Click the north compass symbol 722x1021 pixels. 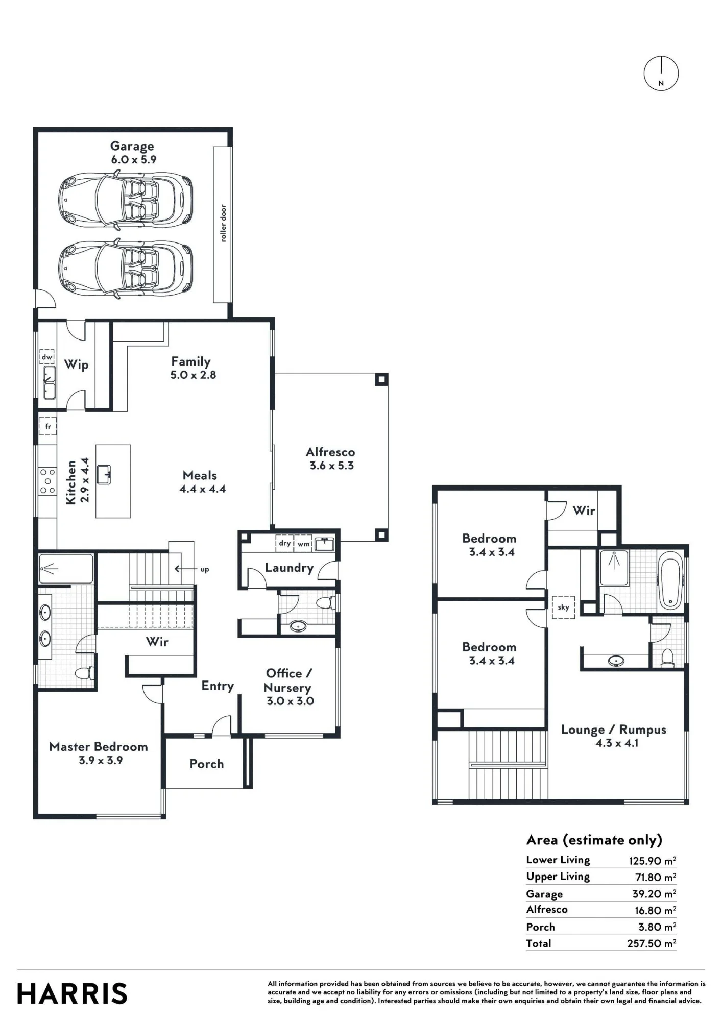(661, 74)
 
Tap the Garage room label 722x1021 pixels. (132, 147)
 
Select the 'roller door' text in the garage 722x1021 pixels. (223, 223)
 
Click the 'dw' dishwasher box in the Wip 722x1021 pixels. (47, 357)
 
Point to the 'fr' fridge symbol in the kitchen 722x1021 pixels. (47, 426)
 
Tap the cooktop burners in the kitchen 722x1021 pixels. (47, 481)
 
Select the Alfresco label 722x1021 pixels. (330, 452)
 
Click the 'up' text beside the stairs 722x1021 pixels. (205, 570)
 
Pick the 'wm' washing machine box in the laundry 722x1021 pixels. (304, 544)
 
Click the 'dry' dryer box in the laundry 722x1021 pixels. (285, 543)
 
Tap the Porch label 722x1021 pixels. (207, 764)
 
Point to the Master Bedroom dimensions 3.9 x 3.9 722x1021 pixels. (101, 760)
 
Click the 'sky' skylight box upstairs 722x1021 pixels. (563, 607)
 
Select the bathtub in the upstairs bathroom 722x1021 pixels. (670, 581)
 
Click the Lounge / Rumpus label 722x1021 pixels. (614, 730)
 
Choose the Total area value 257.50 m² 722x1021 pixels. (652, 943)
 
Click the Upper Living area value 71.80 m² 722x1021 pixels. (656, 877)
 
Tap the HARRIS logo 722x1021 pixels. (72, 993)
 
